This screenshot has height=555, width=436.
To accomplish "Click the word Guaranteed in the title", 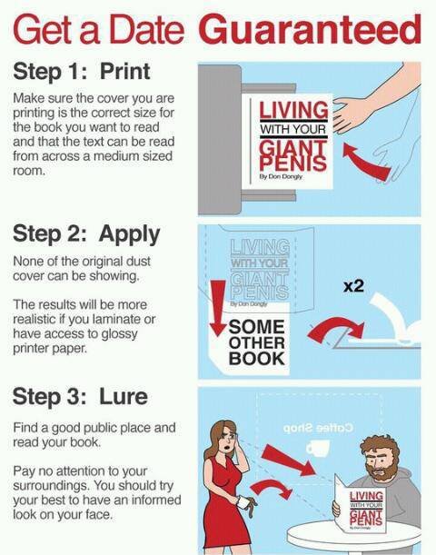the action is (x=312, y=30).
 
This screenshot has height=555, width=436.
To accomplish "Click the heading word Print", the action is (x=125, y=71).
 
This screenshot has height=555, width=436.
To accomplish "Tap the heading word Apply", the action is (x=129, y=235).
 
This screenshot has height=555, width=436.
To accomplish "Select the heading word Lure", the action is (x=124, y=396).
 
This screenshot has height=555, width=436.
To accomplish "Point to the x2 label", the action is (x=353, y=285).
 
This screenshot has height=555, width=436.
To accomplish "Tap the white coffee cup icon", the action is (x=317, y=447).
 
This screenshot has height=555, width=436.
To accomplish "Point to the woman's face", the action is (x=226, y=441).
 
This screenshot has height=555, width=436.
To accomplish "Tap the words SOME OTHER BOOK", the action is (x=256, y=342).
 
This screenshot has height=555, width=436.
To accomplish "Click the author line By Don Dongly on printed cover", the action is (x=281, y=176).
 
